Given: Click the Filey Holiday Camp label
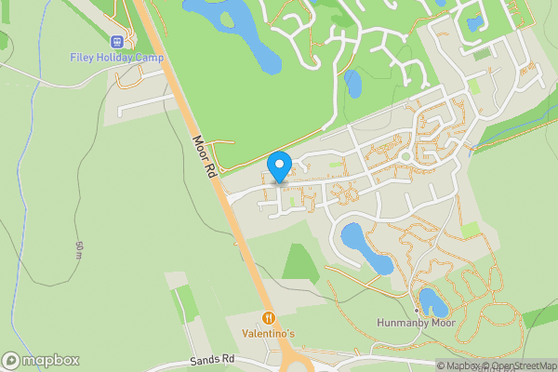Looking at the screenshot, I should pyautogui.click(x=117, y=57).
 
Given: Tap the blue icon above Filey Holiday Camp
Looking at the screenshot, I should pyautogui.click(x=117, y=41).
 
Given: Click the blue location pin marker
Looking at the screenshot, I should pyautogui.click(x=279, y=166).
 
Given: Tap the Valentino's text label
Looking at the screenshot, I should pyautogui.click(x=269, y=333).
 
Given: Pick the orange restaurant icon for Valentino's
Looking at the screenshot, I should pyautogui.click(x=269, y=317).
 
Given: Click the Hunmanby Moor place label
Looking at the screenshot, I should pyautogui.click(x=416, y=323).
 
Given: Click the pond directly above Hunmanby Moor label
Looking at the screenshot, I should pyautogui.click(x=432, y=301).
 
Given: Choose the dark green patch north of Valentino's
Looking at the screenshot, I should pyautogui.click(x=300, y=261).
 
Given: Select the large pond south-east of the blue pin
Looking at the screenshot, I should pyautogui.click(x=365, y=246).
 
